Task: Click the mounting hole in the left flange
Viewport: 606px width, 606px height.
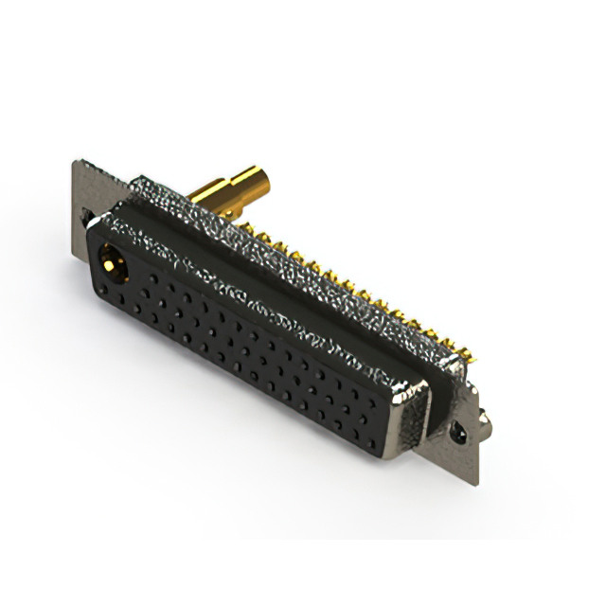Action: tap(90, 219)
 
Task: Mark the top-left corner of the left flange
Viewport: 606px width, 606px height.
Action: tap(74, 162)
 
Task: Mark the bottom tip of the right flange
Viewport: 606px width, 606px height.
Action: tap(476, 486)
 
